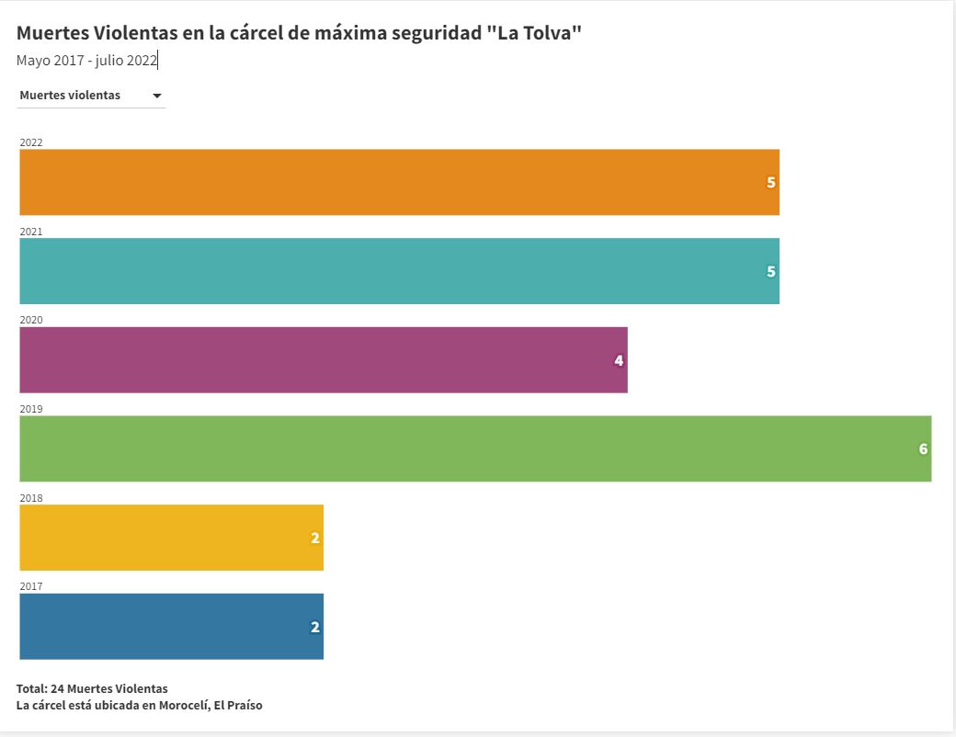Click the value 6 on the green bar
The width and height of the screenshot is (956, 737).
923,449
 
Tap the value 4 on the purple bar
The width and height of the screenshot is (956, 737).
619,360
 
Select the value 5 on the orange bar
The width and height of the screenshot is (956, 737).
771,182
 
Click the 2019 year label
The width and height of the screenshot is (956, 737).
31,409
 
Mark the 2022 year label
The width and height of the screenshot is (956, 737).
31,142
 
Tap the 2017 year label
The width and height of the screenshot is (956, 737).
31,586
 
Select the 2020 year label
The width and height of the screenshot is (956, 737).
31,320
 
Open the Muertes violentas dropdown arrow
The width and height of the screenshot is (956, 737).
157,96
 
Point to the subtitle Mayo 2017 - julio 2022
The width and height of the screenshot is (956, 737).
87,61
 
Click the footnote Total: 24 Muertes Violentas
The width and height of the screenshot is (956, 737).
92,688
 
